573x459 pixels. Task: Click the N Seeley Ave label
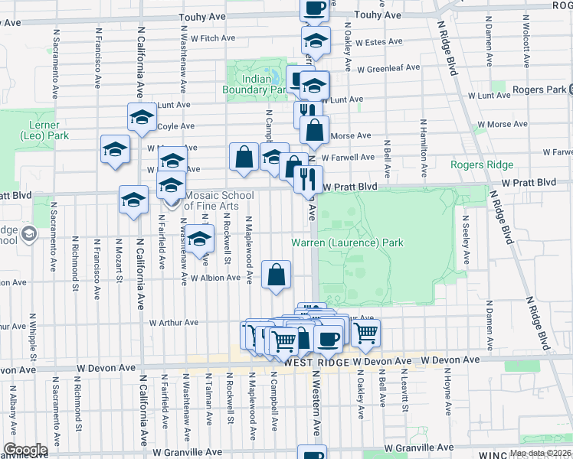464,239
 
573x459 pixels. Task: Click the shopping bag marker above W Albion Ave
276,274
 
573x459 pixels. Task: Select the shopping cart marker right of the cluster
366,333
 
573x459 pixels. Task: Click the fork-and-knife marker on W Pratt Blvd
308,180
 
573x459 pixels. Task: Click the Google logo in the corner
25,449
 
